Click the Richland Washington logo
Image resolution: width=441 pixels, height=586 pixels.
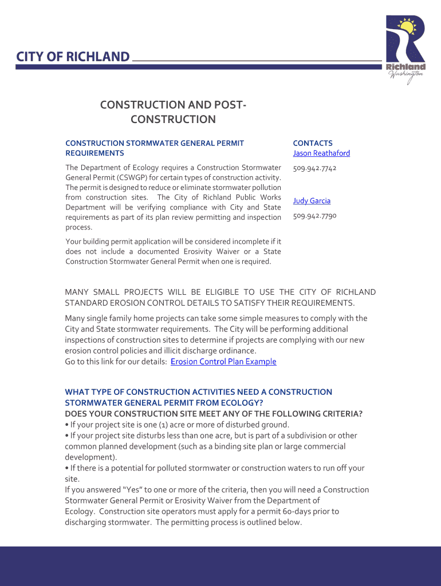click(x=405, y=49)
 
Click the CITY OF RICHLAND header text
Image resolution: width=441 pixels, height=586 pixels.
click(x=73, y=57)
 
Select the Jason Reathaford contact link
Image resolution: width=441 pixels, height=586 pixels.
click(x=321, y=153)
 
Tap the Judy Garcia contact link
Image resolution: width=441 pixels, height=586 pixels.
click(x=312, y=201)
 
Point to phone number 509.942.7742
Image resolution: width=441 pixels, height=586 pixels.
click(x=314, y=168)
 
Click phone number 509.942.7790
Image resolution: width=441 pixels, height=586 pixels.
click(x=314, y=216)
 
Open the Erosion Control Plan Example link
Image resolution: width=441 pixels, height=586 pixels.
click(x=223, y=362)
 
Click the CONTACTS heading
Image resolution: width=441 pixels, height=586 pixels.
click(x=313, y=143)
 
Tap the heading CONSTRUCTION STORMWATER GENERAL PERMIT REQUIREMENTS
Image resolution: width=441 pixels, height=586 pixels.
click(x=155, y=148)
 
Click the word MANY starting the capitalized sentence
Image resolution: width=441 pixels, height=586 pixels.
click(x=78, y=292)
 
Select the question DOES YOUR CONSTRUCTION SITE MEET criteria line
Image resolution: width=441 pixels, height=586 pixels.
click(x=214, y=414)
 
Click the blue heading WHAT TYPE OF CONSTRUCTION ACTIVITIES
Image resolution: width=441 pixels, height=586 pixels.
click(x=198, y=392)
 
